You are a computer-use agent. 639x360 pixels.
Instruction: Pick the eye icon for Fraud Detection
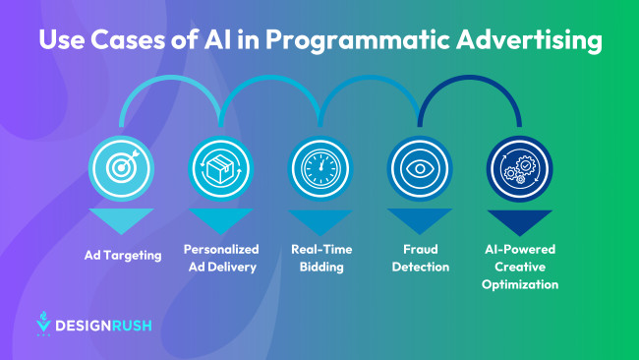[418, 168]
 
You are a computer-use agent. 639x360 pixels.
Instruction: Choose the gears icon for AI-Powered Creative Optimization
[518, 168]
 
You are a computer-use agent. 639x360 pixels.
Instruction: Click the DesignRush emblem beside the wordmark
[43, 323]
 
